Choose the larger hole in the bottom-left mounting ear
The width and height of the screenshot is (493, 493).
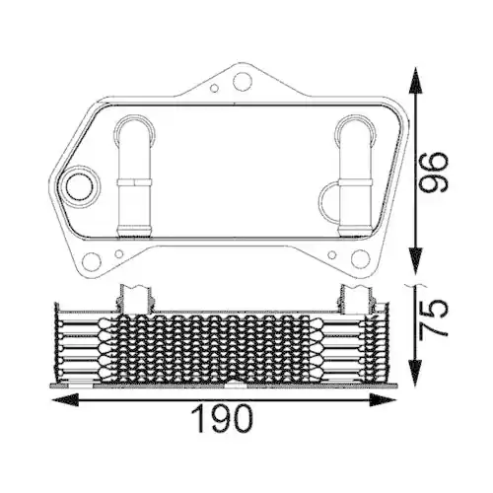click(x=93, y=263)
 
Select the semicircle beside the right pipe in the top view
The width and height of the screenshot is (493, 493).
click(x=327, y=203)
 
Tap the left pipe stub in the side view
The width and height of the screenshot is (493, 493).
click(x=134, y=298)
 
